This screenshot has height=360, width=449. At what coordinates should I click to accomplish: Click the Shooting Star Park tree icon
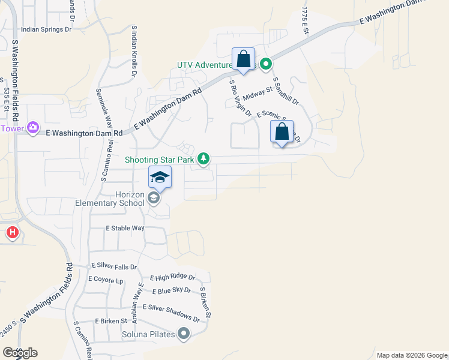point(204,158)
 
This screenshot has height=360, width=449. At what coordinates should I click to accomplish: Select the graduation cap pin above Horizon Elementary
point(160,178)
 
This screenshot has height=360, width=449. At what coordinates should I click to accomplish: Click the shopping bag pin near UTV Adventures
point(243,60)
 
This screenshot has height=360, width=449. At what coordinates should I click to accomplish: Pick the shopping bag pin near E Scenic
point(282,132)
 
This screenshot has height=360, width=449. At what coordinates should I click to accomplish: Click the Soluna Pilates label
point(148,334)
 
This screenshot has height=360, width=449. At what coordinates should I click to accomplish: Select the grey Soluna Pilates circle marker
point(184,334)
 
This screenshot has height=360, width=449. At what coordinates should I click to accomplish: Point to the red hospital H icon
point(11,232)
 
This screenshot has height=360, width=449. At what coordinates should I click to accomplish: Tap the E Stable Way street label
point(125,228)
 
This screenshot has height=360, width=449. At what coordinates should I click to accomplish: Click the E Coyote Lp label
point(106,279)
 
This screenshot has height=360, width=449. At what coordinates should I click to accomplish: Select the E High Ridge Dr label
point(173,278)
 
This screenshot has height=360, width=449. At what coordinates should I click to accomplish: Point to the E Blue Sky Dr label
point(171,290)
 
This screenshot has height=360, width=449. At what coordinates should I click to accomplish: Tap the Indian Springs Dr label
point(46,29)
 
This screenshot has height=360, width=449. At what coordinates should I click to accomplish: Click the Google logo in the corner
point(20,353)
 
